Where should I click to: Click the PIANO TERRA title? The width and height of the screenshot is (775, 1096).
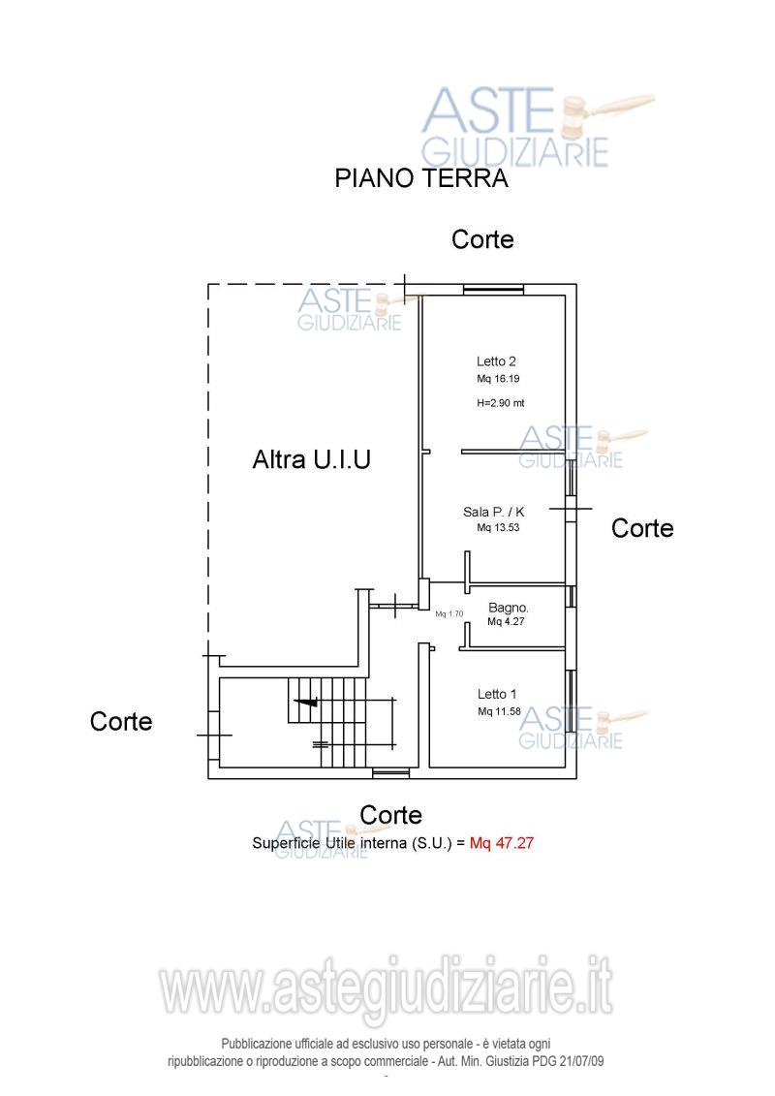point(420,178)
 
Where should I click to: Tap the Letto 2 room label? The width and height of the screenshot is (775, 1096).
point(496,361)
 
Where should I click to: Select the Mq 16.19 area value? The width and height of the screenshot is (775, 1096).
point(498,379)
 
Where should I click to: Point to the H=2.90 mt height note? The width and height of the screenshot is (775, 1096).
point(501,402)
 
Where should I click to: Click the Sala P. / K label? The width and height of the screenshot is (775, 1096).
point(493,512)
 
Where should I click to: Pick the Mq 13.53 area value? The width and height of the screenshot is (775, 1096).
point(498,528)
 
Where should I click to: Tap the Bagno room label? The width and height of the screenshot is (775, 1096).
point(508,608)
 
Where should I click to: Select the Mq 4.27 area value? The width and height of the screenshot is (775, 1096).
point(506,621)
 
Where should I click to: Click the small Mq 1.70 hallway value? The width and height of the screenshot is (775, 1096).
point(449,614)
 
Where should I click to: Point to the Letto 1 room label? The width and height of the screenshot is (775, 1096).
point(497,694)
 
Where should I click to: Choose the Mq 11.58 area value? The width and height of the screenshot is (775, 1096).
point(499,711)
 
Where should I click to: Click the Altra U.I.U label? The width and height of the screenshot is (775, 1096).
point(312,459)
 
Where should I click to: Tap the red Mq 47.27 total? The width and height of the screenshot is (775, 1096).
point(502,843)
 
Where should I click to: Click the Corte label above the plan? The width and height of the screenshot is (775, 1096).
point(482,239)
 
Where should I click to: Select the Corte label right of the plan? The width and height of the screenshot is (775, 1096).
point(642,528)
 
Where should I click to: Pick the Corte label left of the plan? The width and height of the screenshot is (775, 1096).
point(121,721)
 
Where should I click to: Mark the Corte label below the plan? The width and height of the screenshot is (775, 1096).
point(390,815)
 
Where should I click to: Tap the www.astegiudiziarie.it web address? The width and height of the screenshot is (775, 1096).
point(387,987)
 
